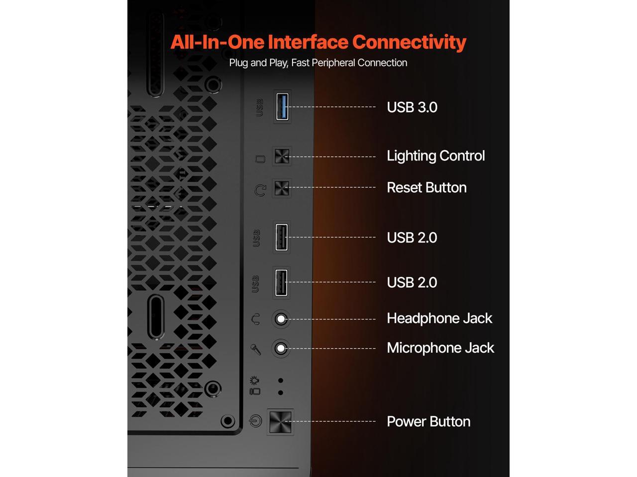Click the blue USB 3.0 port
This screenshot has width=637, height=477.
(282, 107)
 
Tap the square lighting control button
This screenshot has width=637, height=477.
(282, 157)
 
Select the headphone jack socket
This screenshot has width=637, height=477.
(281, 319)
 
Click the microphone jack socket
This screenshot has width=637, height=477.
(281, 348)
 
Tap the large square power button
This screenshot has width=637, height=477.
(280, 421)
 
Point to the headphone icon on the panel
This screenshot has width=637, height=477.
(256, 319)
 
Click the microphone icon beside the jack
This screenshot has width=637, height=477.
(256, 349)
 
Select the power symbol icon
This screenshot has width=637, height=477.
(255, 421)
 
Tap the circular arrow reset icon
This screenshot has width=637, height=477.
(260, 190)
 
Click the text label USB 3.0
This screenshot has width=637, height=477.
(412, 107)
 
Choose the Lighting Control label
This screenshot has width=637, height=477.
(435, 156)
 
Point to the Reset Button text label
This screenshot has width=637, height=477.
(426, 188)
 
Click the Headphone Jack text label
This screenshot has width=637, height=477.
(439, 318)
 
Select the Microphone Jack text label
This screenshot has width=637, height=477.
(440, 348)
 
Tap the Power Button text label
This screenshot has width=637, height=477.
(428, 422)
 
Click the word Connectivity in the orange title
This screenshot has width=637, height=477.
(409, 42)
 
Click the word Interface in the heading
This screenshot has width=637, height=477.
(308, 42)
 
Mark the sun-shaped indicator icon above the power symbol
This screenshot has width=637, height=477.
(254, 381)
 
